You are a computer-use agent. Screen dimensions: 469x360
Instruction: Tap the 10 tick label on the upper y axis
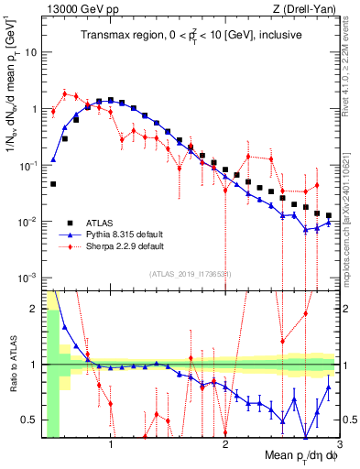pyautogui.click(x=30, y=52)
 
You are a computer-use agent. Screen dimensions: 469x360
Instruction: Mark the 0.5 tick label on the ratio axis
pyautogui.click(x=29, y=420)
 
